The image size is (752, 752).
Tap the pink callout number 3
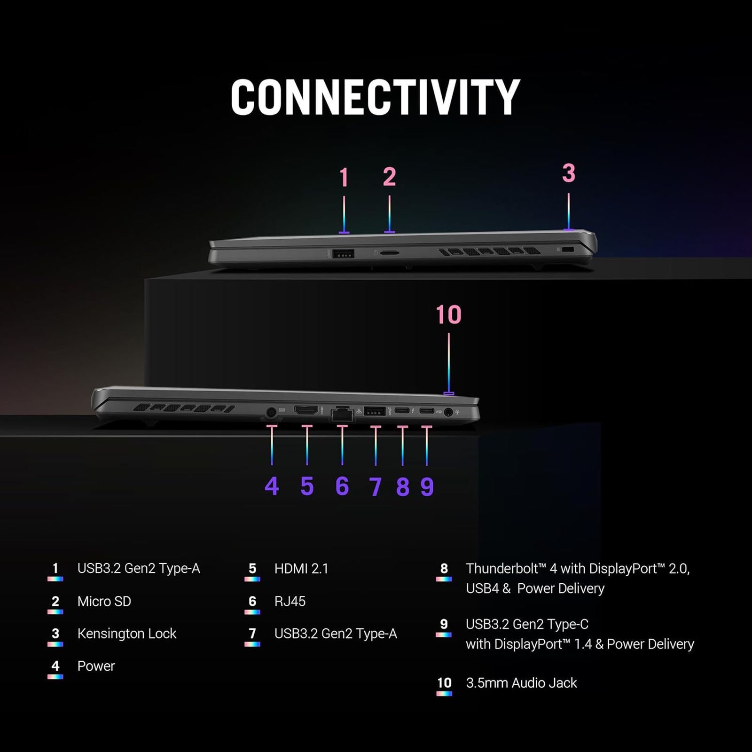tap(569, 173)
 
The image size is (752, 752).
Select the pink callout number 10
tap(448, 314)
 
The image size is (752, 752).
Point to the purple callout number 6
tap(342, 486)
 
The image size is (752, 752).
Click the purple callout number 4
tap(272, 486)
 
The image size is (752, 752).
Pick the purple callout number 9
tap(427, 486)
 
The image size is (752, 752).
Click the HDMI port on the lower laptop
tap(306, 410)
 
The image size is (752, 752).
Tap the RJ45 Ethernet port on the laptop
tap(342, 415)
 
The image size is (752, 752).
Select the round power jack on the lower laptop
tap(271, 413)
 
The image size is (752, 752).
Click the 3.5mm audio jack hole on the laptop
tap(448, 412)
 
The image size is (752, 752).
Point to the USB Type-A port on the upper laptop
tap(343, 254)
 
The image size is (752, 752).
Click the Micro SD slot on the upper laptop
tap(389, 253)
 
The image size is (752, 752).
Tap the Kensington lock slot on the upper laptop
tap(568, 249)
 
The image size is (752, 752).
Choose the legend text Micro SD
tap(104, 601)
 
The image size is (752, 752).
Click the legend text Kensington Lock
tap(127, 634)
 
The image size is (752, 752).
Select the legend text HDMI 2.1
tap(301, 569)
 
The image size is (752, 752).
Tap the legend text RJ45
tap(290, 601)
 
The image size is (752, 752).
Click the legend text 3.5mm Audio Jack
tap(521, 683)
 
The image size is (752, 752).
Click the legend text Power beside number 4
tap(96, 666)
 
